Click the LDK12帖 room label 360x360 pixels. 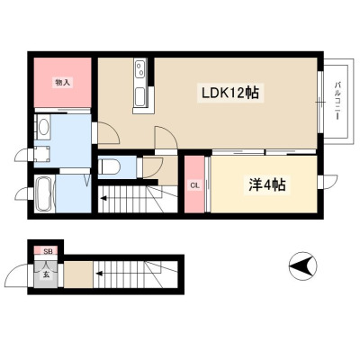pyautogui.click(x=230, y=93)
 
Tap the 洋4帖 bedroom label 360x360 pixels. pyautogui.click(x=266, y=185)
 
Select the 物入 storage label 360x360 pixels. pyautogui.click(x=63, y=83)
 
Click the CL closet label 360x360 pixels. pyautogui.click(x=195, y=185)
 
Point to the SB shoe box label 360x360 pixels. pyautogui.click(x=48, y=251)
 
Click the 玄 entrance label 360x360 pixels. pyautogui.click(x=46, y=274)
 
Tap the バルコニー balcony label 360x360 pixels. pyautogui.click(x=337, y=101)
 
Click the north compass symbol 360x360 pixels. pyautogui.click(x=302, y=265)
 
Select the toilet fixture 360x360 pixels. pyautogui.click(x=109, y=166)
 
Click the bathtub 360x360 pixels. pyautogui.click(x=45, y=194)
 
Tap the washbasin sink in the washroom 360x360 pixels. pyautogui.click(x=43, y=128)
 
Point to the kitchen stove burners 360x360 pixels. pyautogui.click(x=140, y=69)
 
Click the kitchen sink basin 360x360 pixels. pyautogui.click(x=139, y=96)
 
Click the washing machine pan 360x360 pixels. pyautogui.click(x=41, y=154)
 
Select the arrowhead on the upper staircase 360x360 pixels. pyautogui.click(x=103, y=198)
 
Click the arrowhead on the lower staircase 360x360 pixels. pyautogui.click(x=99, y=274)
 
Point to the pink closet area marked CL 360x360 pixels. pyautogui.click(x=195, y=184)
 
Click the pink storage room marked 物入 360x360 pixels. pyautogui.click(x=62, y=82)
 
